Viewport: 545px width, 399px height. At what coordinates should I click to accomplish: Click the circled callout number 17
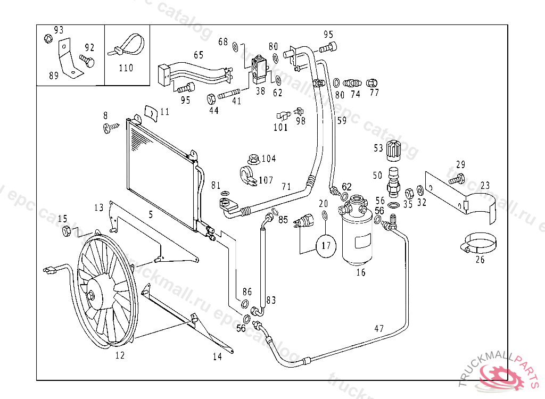pos(326,246)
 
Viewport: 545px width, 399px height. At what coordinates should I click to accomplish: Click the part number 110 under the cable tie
pos(126,68)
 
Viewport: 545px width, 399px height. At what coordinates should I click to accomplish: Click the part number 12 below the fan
pos(120,355)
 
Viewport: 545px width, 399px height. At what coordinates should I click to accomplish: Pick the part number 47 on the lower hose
pos(379,329)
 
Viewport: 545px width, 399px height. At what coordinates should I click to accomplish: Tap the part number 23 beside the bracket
pos(485,186)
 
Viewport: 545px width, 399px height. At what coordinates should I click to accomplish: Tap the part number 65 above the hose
pos(199,55)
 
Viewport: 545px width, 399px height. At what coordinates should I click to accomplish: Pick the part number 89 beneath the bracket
pos(54,76)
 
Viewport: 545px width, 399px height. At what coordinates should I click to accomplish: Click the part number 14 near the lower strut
pos(217,357)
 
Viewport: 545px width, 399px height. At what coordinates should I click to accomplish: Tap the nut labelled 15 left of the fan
pos(67,231)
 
